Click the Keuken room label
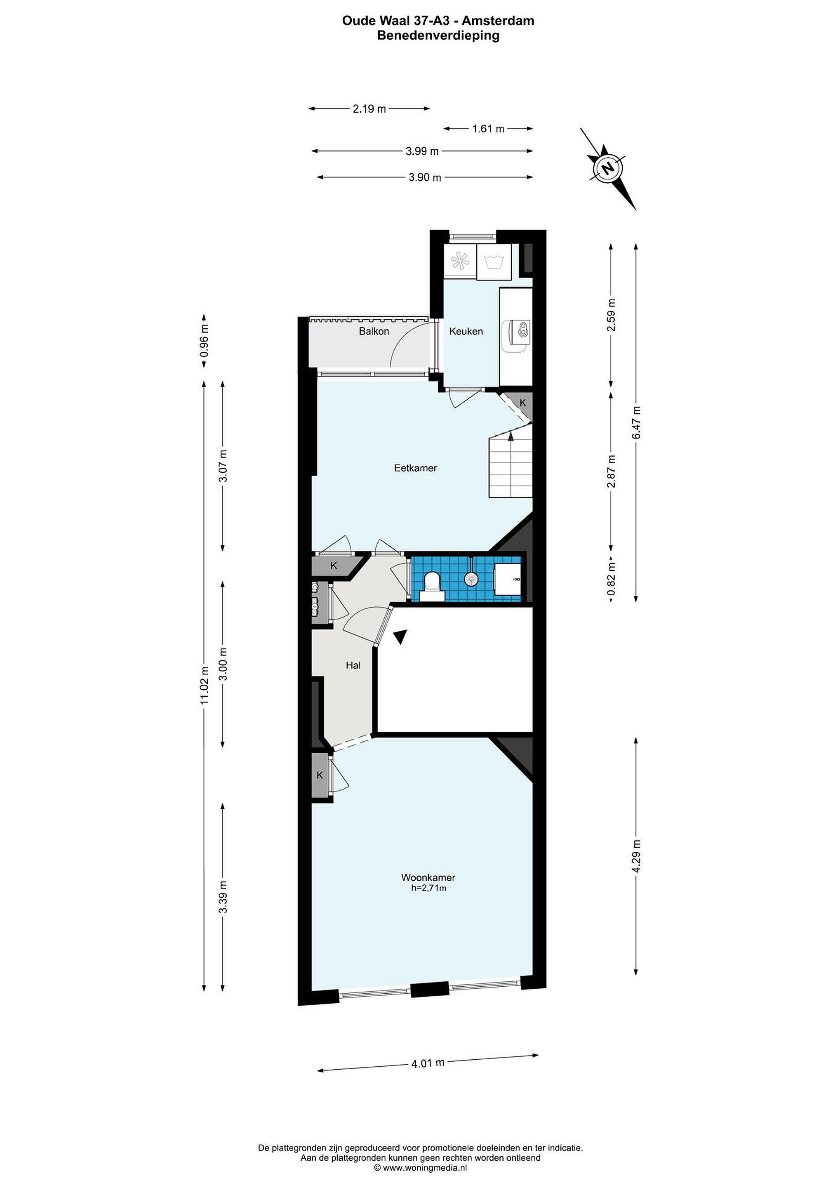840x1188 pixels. pos(466,331)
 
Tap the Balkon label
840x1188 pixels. pos(374,331)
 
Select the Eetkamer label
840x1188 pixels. pos(415,468)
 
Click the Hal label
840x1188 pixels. pos(353,665)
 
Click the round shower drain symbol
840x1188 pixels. pos(471,579)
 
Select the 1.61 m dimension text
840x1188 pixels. pos(488,129)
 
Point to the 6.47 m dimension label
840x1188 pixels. pos(636,422)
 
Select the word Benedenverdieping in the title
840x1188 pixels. pos(438,36)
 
